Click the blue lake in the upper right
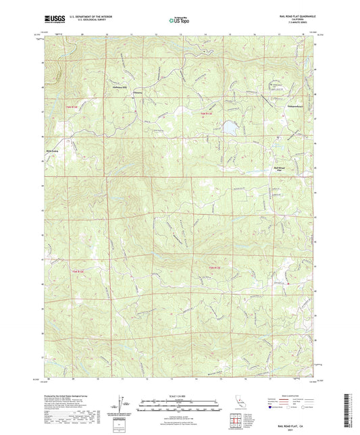(230, 126)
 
